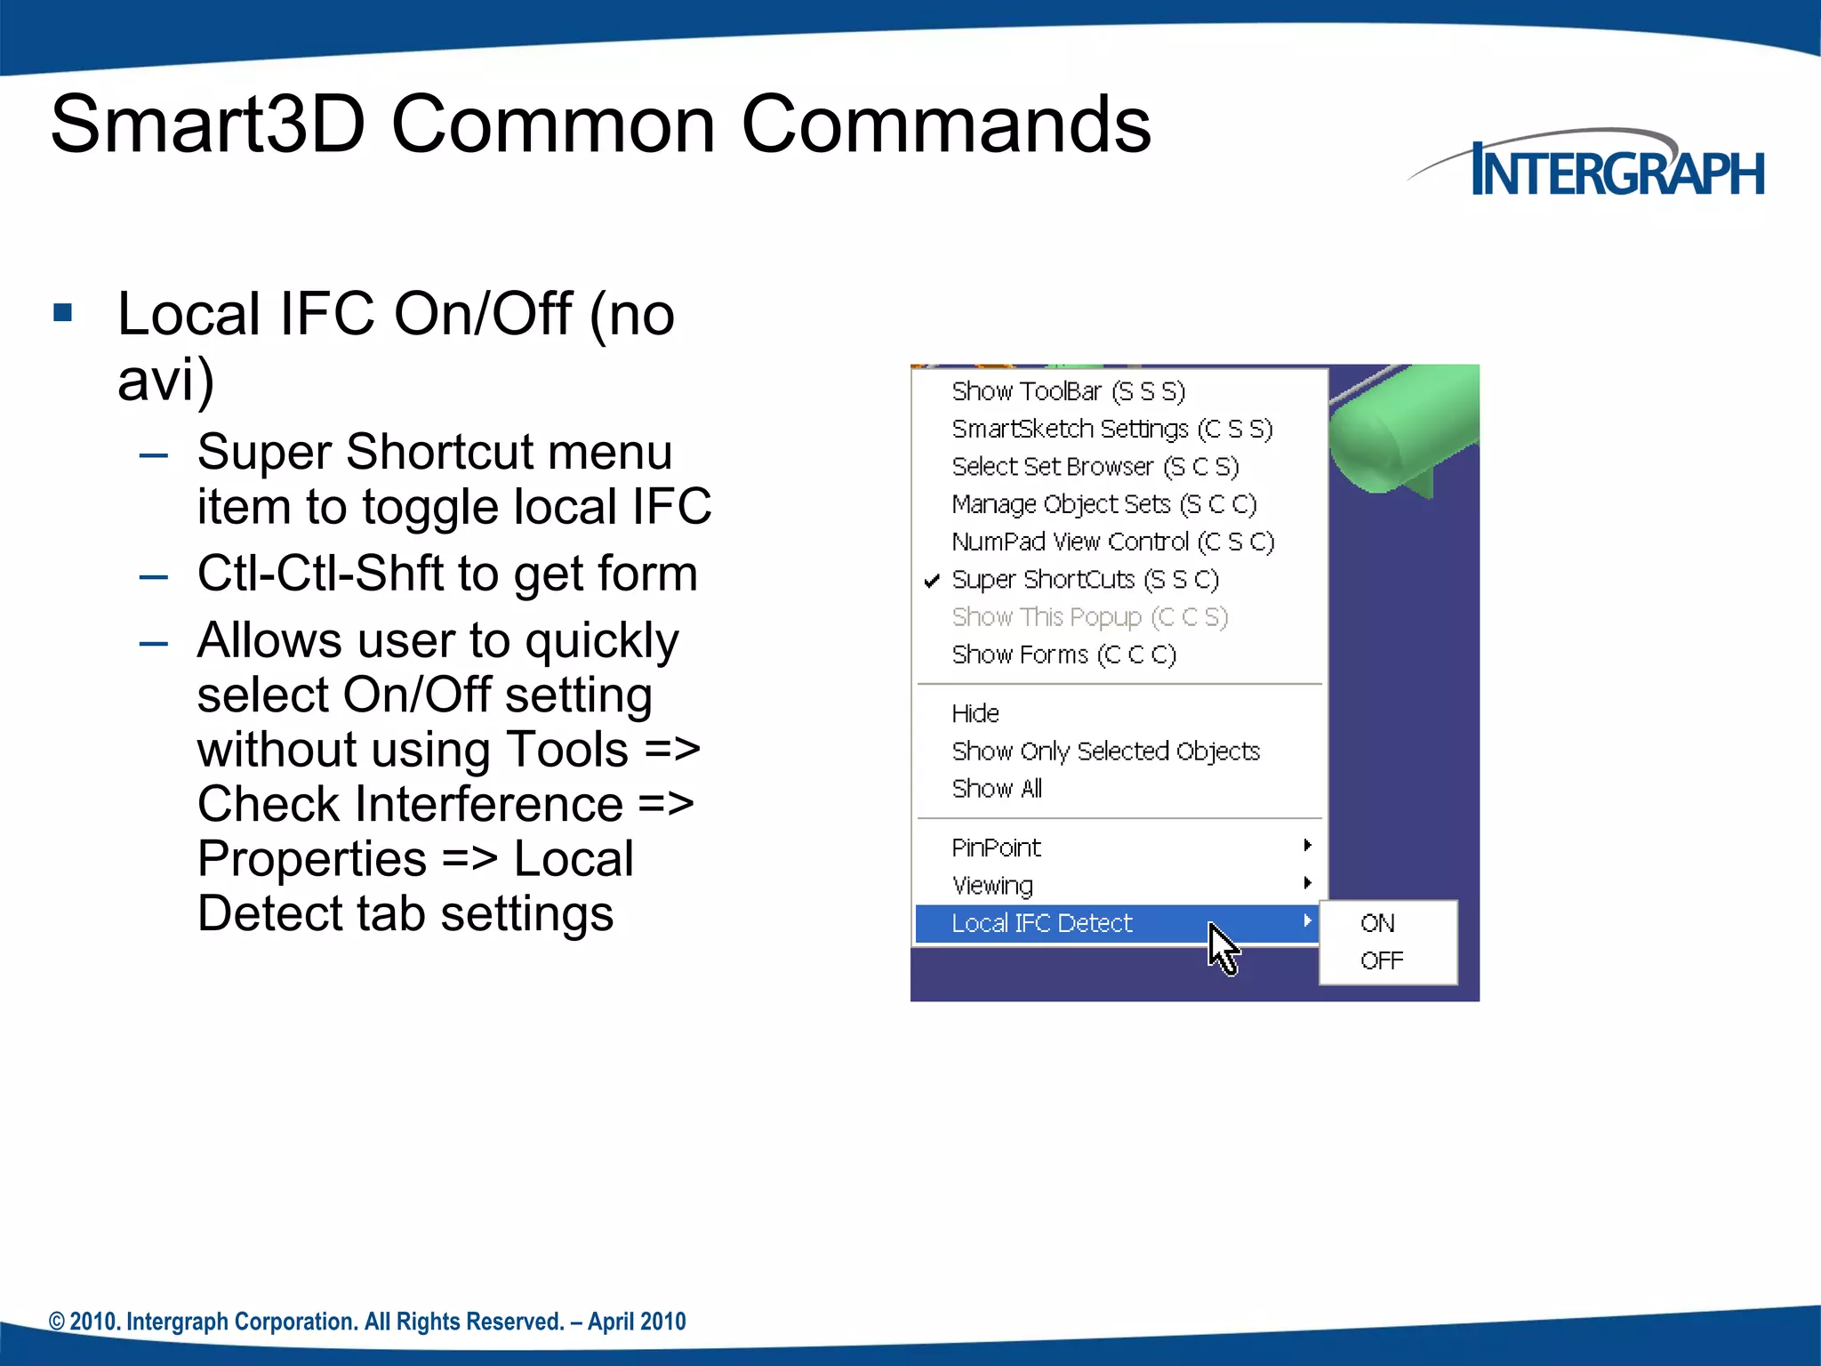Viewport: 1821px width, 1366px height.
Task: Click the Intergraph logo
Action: click(x=1600, y=168)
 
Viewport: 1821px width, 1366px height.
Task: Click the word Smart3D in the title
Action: click(x=207, y=125)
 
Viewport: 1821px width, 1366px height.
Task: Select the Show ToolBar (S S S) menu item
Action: click(x=1068, y=391)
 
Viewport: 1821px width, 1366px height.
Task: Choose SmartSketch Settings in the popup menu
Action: click(x=1111, y=429)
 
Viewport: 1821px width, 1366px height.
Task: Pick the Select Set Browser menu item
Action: click(x=1095, y=467)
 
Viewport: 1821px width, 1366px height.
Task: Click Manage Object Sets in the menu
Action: click(x=1103, y=504)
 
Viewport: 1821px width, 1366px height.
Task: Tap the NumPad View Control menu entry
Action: click(x=1112, y=542)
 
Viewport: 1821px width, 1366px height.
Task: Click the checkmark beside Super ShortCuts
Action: click(x=932, y=581)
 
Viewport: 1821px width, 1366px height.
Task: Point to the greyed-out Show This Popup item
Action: click(x=1089, y=617)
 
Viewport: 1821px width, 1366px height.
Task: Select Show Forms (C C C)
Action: click(x=1063, y=655)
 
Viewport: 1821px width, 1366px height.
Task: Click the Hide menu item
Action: click(x=975, y=713)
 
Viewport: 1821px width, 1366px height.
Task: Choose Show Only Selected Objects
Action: click(x=1105, y=751)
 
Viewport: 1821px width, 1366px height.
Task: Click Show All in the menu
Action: click(x=997, y=789)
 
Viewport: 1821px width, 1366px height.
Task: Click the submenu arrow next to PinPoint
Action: click(x=1307, y=845)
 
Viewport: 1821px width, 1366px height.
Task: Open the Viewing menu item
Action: click(x=992, y=886)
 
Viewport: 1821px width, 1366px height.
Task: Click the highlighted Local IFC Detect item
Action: click(x=1042, y=923)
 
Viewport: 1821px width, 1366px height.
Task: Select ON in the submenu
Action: click(x=1377, y=923)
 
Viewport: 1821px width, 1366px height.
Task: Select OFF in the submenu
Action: click(x=1382, y=960)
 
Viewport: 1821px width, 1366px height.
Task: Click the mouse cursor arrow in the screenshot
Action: click(x=1222, y=948)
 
